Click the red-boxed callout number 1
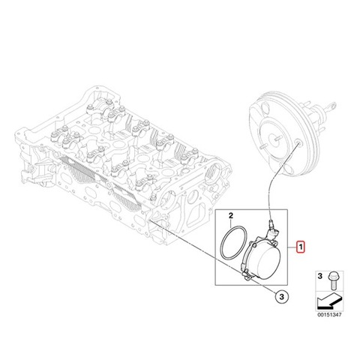point(301,247)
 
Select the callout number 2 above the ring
point(231,215)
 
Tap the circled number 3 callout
point(282,297)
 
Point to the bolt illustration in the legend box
point(332,280)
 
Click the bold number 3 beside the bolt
point(319,276)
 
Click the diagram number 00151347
point(329,315)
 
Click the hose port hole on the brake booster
point(298,142)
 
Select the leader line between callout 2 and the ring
point(231,223)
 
